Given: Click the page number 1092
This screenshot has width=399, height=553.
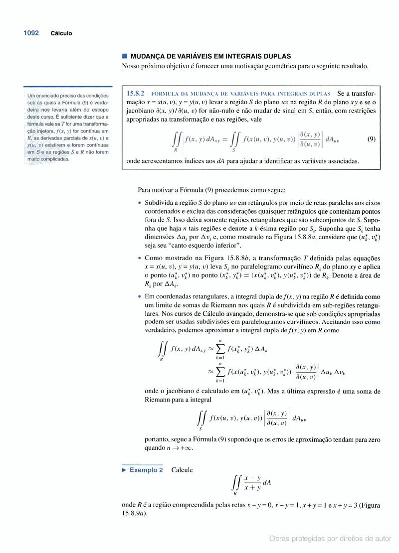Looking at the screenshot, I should point(31,33).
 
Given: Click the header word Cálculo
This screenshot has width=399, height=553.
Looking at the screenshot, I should point(61,33).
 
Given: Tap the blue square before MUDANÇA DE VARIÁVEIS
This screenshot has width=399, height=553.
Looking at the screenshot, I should point(125,56).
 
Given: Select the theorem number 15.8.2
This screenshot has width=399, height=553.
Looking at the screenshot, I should point(135,93).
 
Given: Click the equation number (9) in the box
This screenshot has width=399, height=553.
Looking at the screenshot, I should point(371,139).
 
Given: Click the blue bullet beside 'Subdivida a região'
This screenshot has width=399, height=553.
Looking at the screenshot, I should point(140,203).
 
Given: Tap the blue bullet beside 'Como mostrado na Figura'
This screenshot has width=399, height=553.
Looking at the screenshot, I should point(140,258).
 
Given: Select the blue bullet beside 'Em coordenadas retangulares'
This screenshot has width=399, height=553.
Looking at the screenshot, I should point(140,296).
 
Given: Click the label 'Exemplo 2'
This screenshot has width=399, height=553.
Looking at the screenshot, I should point(146,470).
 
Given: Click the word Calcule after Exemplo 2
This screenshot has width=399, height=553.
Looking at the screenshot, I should point(182,470).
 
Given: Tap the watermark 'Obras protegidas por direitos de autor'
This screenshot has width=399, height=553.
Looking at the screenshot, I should point(330,539).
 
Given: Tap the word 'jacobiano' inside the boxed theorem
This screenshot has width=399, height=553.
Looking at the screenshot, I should point(141,111).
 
